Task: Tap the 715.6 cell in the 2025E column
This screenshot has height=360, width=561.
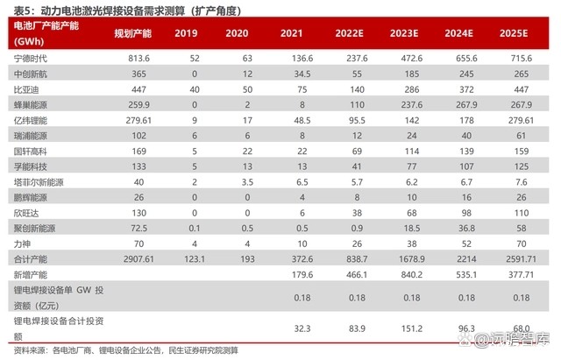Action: pyautogui.click(x=521, y=57)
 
